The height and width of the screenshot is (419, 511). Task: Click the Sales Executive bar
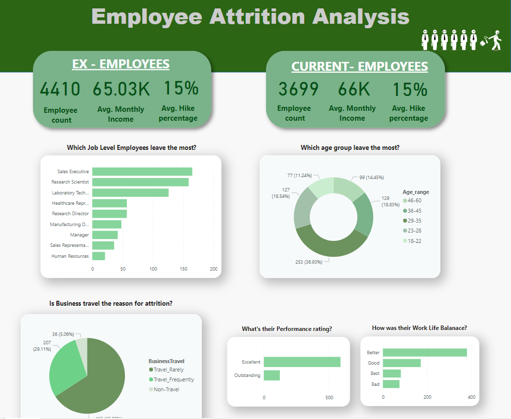[142, 172]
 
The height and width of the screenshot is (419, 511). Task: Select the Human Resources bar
[99, 256]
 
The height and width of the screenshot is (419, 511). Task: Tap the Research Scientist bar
[140, 182]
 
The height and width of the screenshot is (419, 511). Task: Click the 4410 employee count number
[60, 90]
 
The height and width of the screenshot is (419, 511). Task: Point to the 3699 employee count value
[298, 89]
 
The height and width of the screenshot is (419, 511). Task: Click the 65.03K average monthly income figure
[121, 90]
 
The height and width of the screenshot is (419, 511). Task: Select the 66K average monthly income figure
[354, 89]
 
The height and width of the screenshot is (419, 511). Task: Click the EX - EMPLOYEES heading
[121, 64]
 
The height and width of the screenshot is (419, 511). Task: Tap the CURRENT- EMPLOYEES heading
[359, 67]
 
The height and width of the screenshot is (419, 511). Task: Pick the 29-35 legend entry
[414, 221]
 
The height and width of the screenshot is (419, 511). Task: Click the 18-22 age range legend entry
[414, 241]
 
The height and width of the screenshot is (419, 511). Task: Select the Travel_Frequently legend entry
[173, 379]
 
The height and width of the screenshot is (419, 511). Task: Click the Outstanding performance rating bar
[272, 375]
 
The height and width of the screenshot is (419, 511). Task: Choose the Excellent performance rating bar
[302, 362]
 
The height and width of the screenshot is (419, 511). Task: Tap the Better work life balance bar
[425, 352]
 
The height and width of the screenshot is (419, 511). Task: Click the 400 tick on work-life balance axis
[471, 397]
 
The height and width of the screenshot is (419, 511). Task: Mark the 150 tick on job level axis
[183, 269]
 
